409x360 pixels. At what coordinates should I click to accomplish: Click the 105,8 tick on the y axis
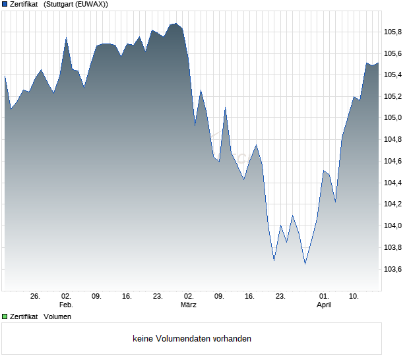tap(393, 31)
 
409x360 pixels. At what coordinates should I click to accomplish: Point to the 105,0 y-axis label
tap(393, 117)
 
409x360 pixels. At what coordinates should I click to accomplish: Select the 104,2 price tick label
tap(393, 204)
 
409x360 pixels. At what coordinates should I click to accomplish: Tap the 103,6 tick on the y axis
tap(393, 269)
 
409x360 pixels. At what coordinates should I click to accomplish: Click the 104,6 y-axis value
tap(393, 161)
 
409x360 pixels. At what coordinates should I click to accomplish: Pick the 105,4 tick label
tap(393, 75)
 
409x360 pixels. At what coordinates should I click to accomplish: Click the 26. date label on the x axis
tap(36, 297)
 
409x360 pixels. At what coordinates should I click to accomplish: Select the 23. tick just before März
tap(158, 297)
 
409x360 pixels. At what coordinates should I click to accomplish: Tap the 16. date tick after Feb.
tap(127, 297)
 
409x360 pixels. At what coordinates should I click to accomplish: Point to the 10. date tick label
tap(354, 297)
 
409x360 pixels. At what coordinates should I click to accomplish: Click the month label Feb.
tap(66, 305)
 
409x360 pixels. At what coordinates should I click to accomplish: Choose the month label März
tap(189, 305)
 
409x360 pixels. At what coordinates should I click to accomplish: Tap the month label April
tap(324, 305)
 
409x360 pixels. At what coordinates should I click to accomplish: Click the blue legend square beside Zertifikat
tap(5, 5)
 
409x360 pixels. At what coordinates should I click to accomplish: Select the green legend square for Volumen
tap(5, 317)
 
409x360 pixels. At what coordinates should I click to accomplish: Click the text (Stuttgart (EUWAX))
tap(76, 5)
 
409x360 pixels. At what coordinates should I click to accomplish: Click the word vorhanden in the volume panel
tap(232, 339)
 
